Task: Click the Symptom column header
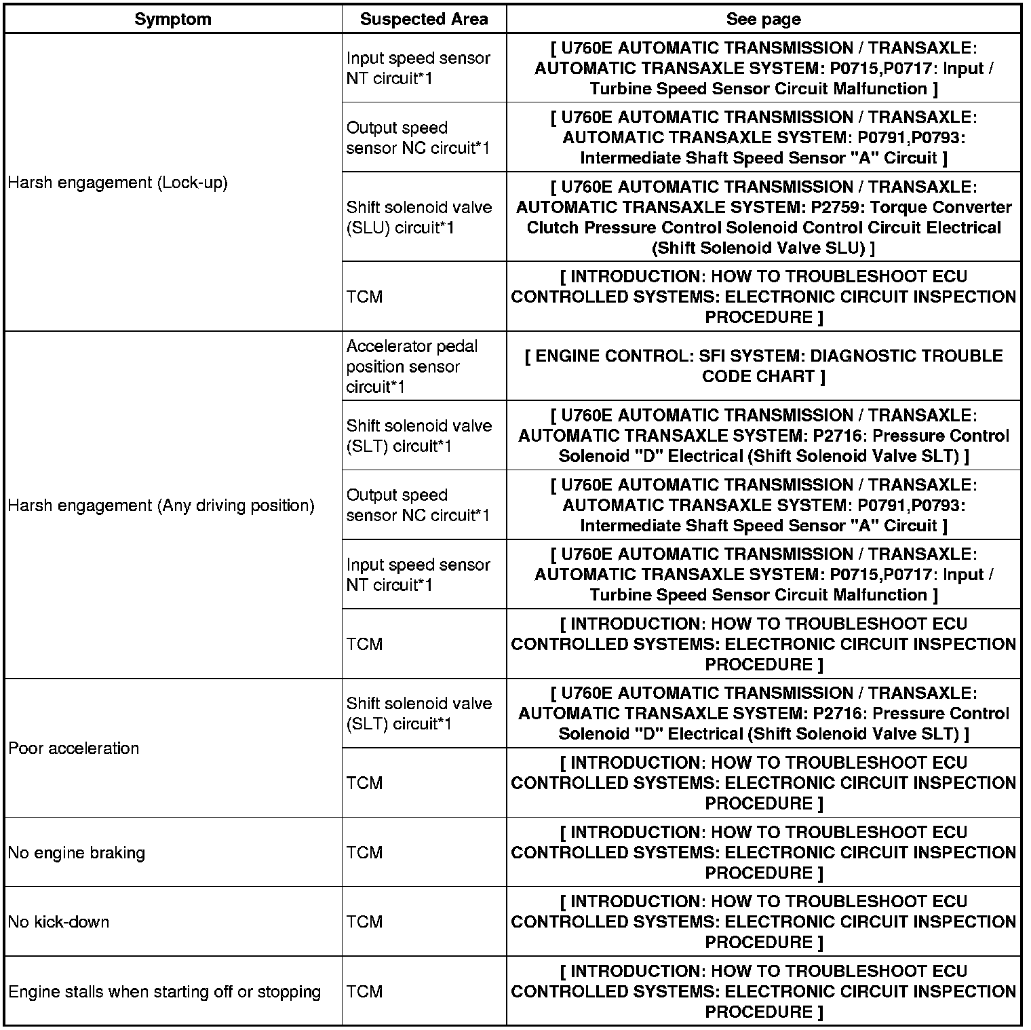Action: click(172, 19)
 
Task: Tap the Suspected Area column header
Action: click(424, 19)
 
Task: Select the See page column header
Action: click(763, 19)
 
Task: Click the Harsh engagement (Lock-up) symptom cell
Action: click(118, 183)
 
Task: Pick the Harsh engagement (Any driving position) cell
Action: click(161, 506)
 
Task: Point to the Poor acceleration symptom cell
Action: click(74, 748)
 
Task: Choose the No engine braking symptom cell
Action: click(77, 852)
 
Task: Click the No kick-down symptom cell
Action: click(59, 921)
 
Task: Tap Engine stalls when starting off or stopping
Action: click(165, 991)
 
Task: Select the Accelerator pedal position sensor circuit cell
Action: click(412, 366)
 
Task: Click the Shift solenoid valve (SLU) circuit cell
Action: click(419, 217)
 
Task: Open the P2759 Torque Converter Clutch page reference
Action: click(763, 217)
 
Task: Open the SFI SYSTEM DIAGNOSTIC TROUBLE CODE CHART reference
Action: click(763, 366)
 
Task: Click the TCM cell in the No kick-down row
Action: click(365, 921)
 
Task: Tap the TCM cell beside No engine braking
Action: click(365, 852)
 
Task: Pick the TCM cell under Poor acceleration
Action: click(365, 782)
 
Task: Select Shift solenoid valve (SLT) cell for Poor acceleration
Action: click(419, 713)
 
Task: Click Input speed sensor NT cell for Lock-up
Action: click(418, 68)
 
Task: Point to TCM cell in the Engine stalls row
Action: click(365, 991)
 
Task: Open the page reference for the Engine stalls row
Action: click(763, 991)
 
